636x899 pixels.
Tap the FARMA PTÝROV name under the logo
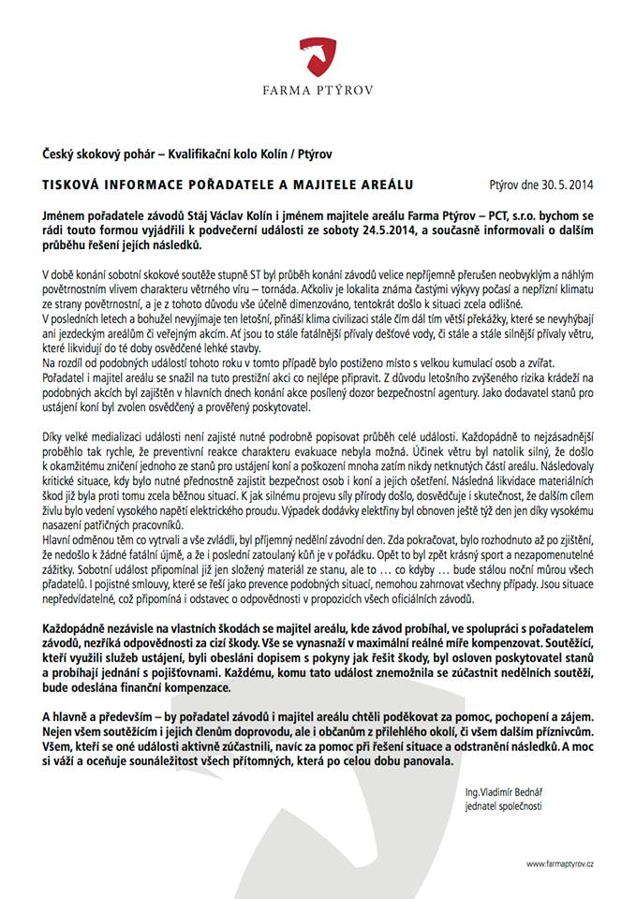click(x=318, y=92)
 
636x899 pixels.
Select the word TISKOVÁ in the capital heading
click(x=76, y=184)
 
